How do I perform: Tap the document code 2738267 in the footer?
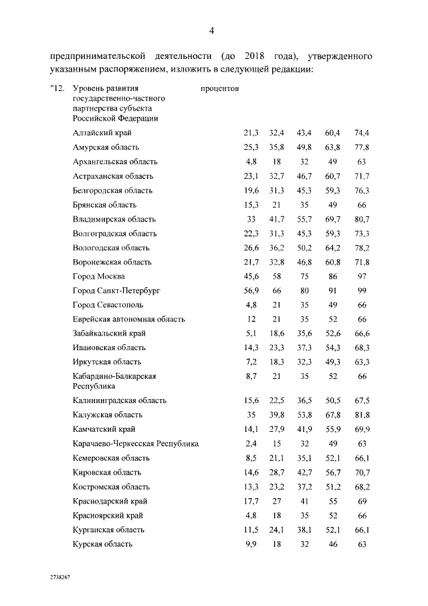pyautogui.click(x=60, y=577)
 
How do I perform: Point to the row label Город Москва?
pyautogui.click(x=99, y=276)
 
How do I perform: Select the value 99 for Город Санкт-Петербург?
pyautogui.click(x=362, y=291)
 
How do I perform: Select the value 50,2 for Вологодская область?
pyautogui.click(x=305, y=247)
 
